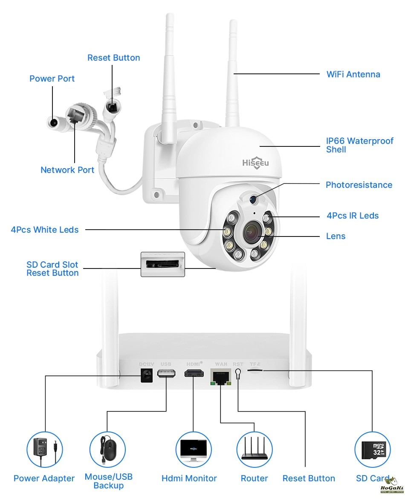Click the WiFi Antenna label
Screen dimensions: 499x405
[x=353, y=74]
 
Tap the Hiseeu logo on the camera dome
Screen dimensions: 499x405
[x=255, y=163]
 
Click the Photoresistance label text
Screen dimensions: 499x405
[x=359, y=185]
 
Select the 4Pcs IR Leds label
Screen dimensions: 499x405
[x=353, y=216]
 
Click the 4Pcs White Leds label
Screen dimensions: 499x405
[x=45, y=230]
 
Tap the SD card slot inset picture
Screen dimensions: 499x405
[x=163, y=264]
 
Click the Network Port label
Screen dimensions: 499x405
[x=67, y=170]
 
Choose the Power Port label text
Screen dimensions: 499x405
[x=52, y=79]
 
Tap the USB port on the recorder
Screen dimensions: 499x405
[x=166, y=373]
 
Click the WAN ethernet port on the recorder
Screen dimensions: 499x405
[x=221, y=377]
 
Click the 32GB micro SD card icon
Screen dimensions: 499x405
[x=373, y=450]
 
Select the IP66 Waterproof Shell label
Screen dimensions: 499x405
[x=359, y=145]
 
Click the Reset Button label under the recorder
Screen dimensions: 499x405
[x=309, y=479]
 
